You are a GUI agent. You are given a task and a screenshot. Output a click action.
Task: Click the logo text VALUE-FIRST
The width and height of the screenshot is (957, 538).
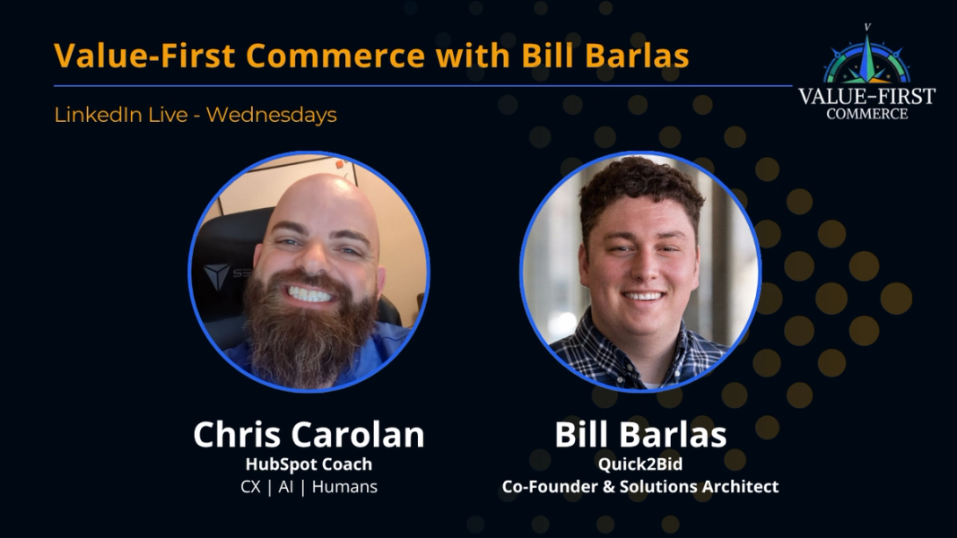pos(866,96)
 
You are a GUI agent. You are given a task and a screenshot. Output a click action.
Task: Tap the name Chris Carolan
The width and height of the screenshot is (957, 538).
pos(309,435)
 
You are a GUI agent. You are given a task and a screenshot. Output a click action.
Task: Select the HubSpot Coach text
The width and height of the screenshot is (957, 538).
pos(309,464)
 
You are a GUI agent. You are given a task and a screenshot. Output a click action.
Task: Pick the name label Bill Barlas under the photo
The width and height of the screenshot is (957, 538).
pos(640,435)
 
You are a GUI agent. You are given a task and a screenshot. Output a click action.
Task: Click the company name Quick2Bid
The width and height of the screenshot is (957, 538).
pos(640,464)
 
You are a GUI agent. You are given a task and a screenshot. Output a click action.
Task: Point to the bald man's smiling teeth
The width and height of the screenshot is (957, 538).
pos(309,293)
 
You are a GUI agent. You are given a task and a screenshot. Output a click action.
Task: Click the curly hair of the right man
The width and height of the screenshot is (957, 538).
pos(638,189)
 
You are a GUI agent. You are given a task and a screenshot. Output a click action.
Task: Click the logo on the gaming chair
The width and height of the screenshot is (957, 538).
pos(215,275)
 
